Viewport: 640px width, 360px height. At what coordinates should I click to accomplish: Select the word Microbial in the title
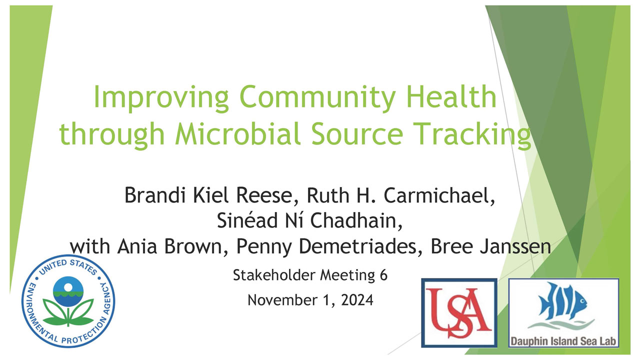tap(237, 133)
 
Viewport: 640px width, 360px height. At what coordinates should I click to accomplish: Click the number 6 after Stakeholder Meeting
tap(383, 275)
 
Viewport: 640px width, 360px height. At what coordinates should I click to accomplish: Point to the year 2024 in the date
tap(357, 300)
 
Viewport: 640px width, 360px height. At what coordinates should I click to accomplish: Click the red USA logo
tap(459, 313)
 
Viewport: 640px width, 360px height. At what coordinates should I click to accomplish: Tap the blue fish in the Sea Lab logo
tap(562, 301)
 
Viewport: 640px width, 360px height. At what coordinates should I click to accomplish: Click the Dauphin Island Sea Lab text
tap(563, 341)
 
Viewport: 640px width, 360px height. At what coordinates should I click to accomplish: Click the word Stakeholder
tap(274, 275)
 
